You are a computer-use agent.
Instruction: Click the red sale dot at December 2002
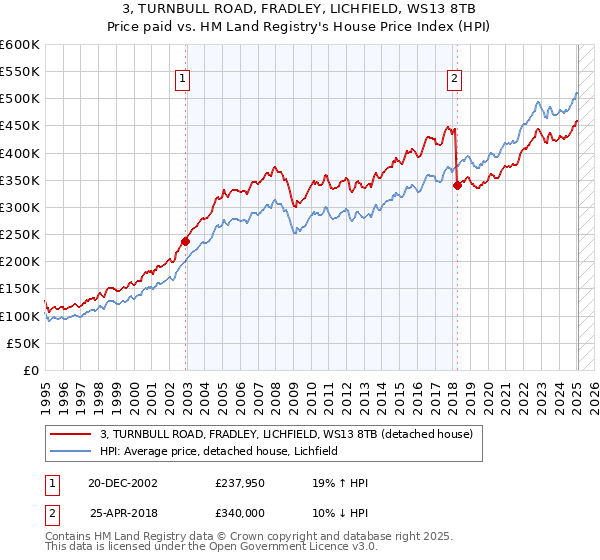point(185,241)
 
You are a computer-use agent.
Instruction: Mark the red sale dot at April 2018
point(457,185)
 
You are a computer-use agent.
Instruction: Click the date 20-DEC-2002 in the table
point(123,483)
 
